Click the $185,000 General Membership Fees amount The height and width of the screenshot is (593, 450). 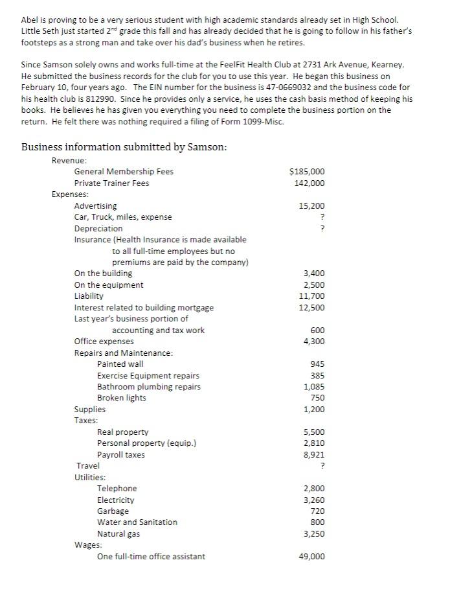tap(308, 172)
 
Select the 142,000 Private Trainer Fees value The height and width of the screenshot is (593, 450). tap(309, 183)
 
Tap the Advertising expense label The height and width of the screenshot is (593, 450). tap(96, 206)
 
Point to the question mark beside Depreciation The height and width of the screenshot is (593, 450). tap(322, 229)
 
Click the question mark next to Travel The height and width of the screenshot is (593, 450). tap(322, 466)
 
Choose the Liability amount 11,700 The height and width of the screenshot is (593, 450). tap(312, 296)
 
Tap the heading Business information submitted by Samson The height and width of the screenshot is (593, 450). tap(124, 146)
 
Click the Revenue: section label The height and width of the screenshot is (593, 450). tap(69, 161)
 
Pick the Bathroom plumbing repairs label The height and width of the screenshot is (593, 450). tap(149, 387)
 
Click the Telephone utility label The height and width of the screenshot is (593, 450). tap(117, 489)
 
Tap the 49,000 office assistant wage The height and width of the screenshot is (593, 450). tap(311, 557)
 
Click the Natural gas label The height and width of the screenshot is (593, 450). tap(118, 534)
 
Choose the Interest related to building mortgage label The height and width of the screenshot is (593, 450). tap(144, 308)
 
